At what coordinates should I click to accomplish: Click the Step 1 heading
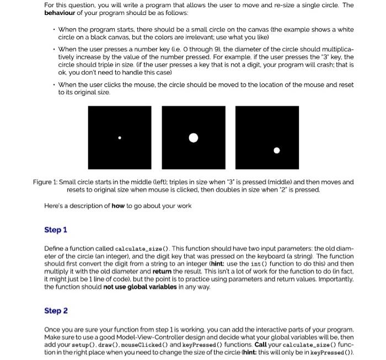tap(55, 230)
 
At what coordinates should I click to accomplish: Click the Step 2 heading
tap(55, 311)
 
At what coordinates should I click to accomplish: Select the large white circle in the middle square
tap(193, 137)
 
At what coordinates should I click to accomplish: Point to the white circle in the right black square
tap(277, 149)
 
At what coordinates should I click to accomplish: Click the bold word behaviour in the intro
tap(62, 12)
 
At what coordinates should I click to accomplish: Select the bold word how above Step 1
tap(118, 206)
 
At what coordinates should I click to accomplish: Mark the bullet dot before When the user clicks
tap(53, 85)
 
